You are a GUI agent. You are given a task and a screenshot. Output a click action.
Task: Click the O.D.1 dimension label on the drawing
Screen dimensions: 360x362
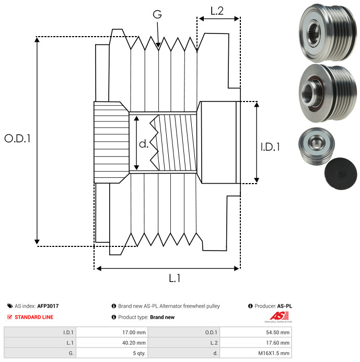(18, 139)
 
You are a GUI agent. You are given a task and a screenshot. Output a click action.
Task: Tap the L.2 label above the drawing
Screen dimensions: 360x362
(217, 11)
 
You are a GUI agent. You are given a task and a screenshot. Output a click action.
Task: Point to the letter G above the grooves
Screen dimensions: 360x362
(157, 14)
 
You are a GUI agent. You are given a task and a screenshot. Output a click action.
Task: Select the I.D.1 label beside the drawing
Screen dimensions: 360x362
(270, 147)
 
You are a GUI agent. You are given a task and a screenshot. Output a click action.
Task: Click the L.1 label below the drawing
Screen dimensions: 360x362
(175, 278)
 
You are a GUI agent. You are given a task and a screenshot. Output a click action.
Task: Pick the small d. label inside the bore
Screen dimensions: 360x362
(144, 144)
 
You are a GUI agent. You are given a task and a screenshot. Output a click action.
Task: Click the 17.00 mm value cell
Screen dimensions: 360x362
(112, 332)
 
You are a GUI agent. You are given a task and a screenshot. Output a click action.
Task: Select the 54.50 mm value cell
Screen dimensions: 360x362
(256, 332)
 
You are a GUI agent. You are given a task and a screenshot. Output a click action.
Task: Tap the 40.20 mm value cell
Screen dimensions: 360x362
(112, 343)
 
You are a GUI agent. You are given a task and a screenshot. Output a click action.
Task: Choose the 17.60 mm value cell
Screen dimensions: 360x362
(256, 343)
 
